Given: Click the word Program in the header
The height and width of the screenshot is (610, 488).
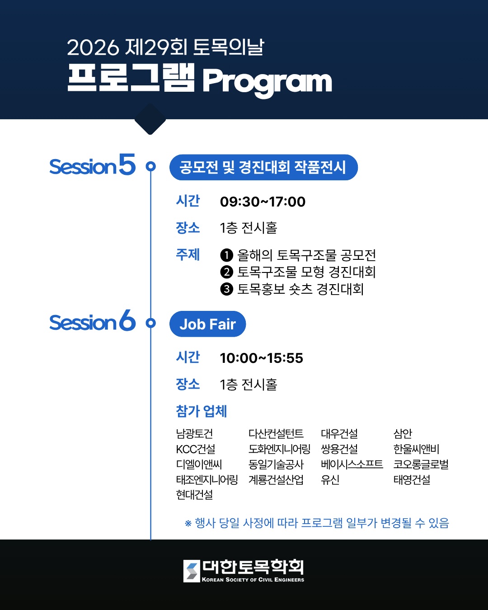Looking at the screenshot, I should (x=267, y=82).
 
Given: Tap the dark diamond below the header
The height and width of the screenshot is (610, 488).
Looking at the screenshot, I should (x=150, y=119).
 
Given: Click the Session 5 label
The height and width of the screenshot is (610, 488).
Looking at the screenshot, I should (x=92, y=165).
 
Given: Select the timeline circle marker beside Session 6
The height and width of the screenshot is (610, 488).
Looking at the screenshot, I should (x=151, y=323).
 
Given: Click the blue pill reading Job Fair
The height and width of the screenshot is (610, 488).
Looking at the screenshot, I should (x=207, y=324).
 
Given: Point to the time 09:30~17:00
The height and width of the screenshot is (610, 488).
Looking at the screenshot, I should (x=263, y=202).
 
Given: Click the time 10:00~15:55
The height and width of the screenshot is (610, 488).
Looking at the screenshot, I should (x=261, y=358).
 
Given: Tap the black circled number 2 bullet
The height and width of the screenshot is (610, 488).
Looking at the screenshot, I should (x=226, y=272).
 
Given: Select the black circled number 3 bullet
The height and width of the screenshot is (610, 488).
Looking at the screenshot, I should (x=226, y=289).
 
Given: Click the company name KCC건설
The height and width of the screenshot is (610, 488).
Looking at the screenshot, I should (x=196, y=449).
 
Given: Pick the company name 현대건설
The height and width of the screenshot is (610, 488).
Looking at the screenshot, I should (x=194, y=495).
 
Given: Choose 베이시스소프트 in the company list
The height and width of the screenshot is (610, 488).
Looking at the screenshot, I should (x=352, y=464).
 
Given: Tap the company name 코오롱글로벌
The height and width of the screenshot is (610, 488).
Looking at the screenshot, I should (x=421, y=464).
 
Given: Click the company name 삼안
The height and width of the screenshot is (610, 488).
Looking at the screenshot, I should (x=403, y=434).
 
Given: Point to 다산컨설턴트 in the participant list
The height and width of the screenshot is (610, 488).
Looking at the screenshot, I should (x=276, y=434).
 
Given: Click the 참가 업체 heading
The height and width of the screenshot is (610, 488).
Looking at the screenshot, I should (x=201, y=411).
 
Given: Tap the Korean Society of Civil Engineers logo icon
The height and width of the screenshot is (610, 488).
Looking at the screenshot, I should (x=192, y=571).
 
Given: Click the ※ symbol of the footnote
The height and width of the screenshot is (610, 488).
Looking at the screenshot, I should (x=188, y=523).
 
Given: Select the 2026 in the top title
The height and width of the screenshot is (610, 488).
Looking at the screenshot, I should (x=93, y=47).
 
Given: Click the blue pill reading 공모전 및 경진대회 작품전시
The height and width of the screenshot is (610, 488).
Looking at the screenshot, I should (x=263, y=167).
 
